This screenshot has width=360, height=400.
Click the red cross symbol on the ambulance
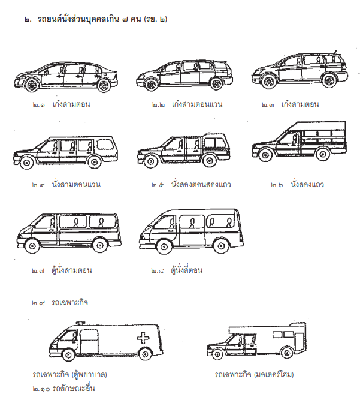click(x=143, y=338)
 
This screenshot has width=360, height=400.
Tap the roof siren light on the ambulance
click(x=80, y=323)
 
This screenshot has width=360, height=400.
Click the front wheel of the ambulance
click(x=68, y=354)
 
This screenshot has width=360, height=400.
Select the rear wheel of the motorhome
click(x=287, y=353)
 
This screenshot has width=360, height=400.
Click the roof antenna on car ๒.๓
click(x=334, y=53)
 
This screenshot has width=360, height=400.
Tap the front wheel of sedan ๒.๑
click(x=32, y=85)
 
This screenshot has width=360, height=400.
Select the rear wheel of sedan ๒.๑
click(x=104, y=85)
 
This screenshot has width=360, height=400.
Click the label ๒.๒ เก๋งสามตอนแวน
click(x=187, y=104)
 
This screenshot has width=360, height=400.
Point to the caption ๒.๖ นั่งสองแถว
click(x=297, y=184)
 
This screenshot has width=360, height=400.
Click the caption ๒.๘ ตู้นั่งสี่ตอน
click(x=177, y=270)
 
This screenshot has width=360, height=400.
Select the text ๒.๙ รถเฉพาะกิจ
click(x=60, y=303)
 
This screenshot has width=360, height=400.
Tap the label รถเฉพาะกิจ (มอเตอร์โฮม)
click(x=254, y=374)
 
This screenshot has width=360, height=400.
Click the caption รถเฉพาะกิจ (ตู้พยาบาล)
click(x=70, y=374)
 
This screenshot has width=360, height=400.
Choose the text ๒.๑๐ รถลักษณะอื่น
click(x=63, y=389)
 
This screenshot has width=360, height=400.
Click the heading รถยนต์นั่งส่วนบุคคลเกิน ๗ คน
click(x=89, y=19)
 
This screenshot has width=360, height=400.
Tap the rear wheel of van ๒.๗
click(x=100, y=246)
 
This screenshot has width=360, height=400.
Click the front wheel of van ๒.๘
click(x=164, y=246)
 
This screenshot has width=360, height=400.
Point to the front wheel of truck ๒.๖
click(x=265, y=155)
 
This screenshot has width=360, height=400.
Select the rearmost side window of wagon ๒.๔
click(x=105, y=145)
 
